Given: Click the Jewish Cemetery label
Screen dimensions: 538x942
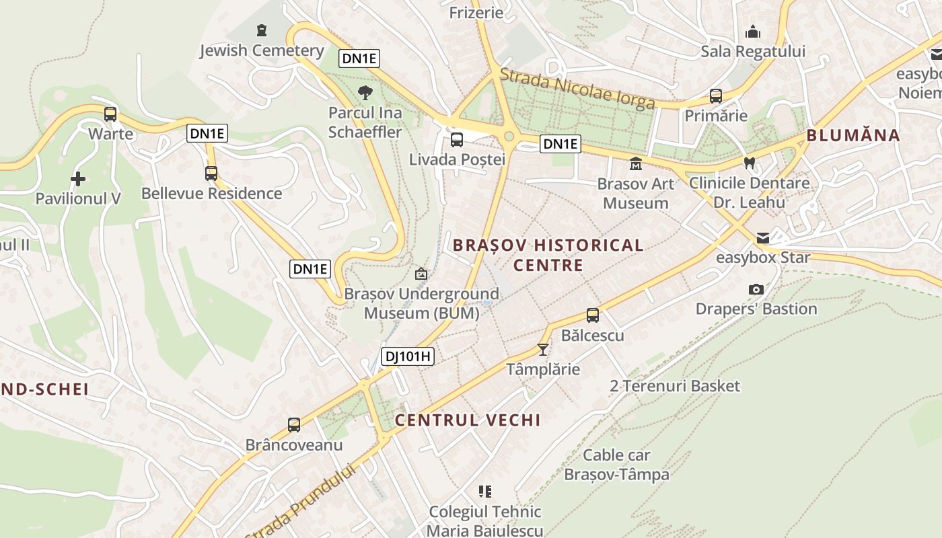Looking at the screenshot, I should pyautogui.click(x=262, y=50).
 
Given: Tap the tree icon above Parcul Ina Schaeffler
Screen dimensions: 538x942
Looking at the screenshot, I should pyautogui.click(x=365, y=93).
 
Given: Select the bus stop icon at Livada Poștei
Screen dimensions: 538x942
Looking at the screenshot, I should pyautogui.click(x=457, y=140).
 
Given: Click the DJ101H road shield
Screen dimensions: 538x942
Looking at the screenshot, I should pyautogui.click(x=408, y=356).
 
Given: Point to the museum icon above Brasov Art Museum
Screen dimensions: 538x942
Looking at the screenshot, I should pyautogui.click(x=635, y=163).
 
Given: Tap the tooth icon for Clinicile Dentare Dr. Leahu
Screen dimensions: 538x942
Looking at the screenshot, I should pyautogui.click(x=750, y=163).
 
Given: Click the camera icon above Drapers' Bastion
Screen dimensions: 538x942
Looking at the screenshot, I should pyautogui.click(x=756, y=289).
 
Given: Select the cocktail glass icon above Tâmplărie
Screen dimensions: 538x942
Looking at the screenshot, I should pyautogui.click(x=543, y=350).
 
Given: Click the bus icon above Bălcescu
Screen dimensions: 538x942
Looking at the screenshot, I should pyautogui.click(x=593, y=315).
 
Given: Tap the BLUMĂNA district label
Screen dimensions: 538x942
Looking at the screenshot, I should pyautogui.click(x=853, y=135).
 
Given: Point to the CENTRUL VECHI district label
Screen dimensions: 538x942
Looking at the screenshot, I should pyautogui.click(x=468, y=420).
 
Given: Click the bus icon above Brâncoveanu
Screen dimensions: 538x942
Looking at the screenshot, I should pyautogui.click(x=294, y=425).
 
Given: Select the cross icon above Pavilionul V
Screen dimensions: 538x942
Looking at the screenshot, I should pyautogui.click(x=78, y=179).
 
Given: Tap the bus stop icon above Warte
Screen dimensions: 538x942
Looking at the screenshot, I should pyautogui.click(x=110, y=114).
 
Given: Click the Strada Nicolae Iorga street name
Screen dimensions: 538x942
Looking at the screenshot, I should pyautogui.click(x=578, y=89).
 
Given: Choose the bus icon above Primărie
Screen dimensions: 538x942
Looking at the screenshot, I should pyautogui.click(x=716, y=96).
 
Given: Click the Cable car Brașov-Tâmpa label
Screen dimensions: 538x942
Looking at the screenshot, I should pyautogui.click(x=616, y=465).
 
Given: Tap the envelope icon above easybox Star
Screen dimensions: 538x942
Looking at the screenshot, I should pyautogui.click(x=762, y=238).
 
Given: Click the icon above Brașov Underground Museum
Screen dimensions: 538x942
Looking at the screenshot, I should pyautogui.click(x=421, y=274).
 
